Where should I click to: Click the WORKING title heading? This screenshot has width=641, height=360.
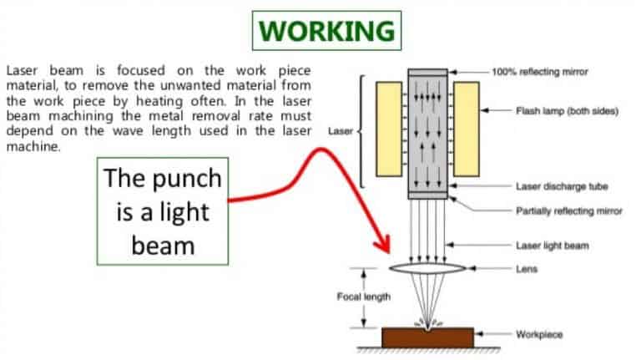click(326, 31)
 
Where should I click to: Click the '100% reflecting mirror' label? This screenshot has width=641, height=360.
click(551, 72)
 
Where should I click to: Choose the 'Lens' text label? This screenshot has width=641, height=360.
click(527, 269)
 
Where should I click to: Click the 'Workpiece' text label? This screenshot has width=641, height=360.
click(539, 334)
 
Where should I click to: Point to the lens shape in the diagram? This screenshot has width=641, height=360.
click(428, 269)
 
